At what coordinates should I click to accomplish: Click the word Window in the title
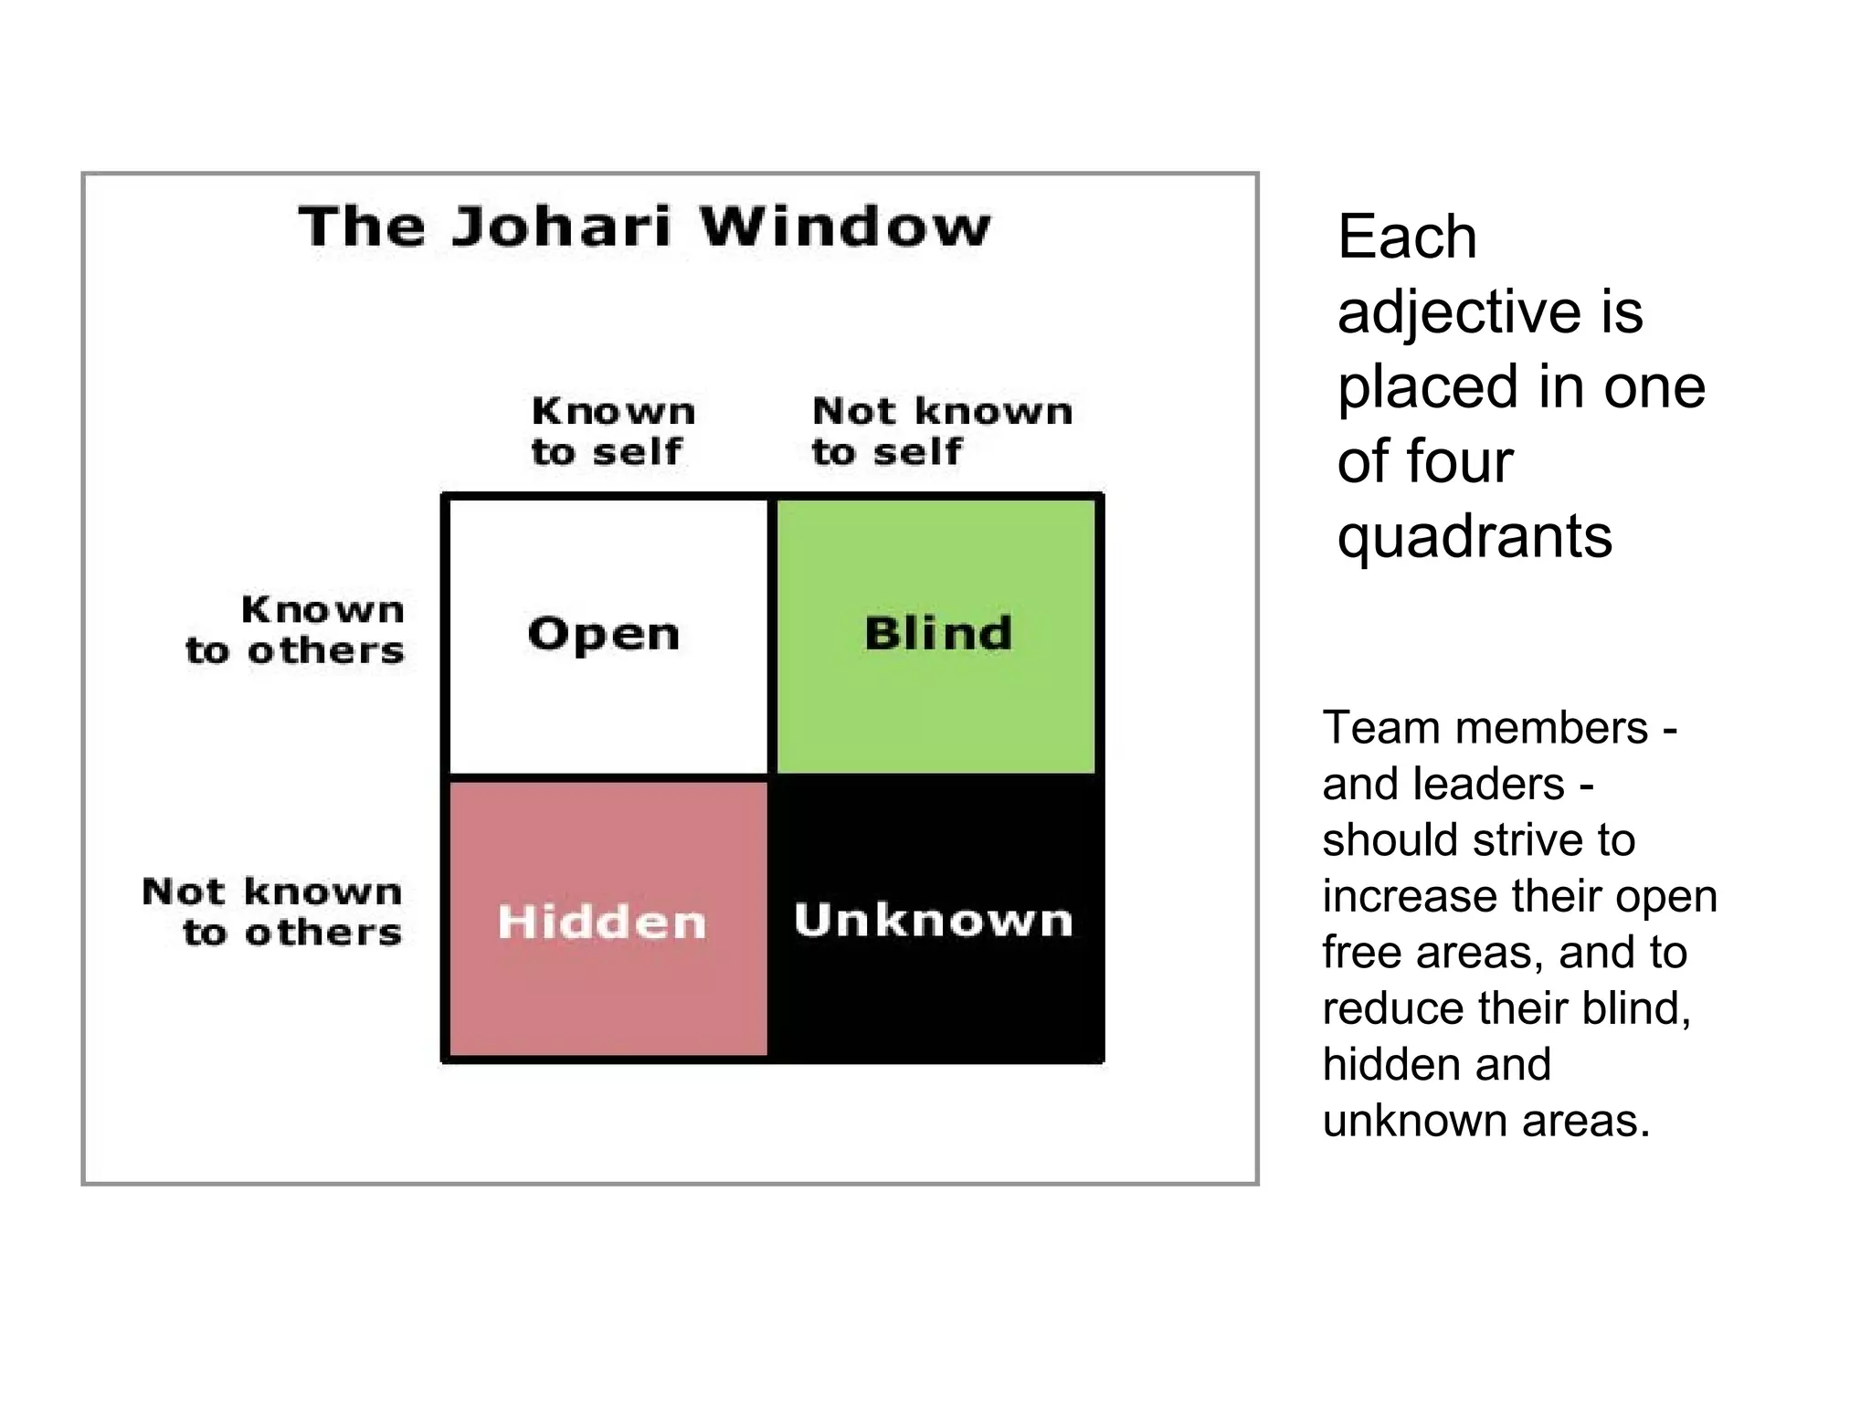[x=845, y=227]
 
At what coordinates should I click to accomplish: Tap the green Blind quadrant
[x=936, y=635]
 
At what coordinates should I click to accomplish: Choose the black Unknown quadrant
[x=935, y=920]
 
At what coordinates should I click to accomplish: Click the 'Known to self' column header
[x=613, y=431]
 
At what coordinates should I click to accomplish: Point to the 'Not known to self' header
[x=942, y=431]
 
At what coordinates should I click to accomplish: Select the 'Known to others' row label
[x=295, y=630]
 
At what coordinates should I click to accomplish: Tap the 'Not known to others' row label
[x=272, y=912]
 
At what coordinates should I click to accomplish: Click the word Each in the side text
[x=1407, y=237]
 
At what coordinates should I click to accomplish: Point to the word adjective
[x=1458, y=312]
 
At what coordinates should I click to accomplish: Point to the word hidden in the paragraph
[x=1379, y=1065]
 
